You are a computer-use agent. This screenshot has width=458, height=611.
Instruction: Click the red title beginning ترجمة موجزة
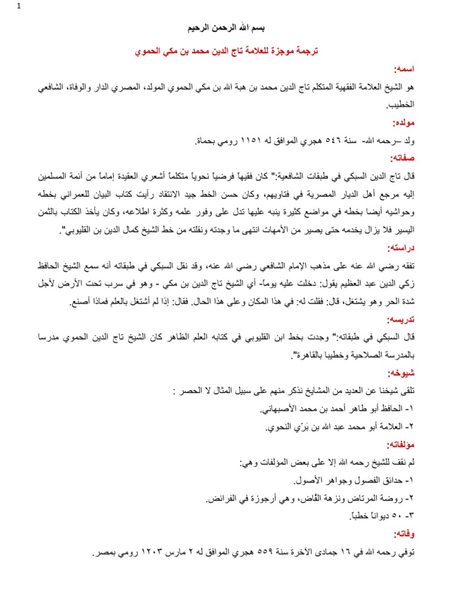tap(228, 52)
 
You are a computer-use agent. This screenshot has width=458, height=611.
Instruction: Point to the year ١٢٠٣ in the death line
tap(152, 553)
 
